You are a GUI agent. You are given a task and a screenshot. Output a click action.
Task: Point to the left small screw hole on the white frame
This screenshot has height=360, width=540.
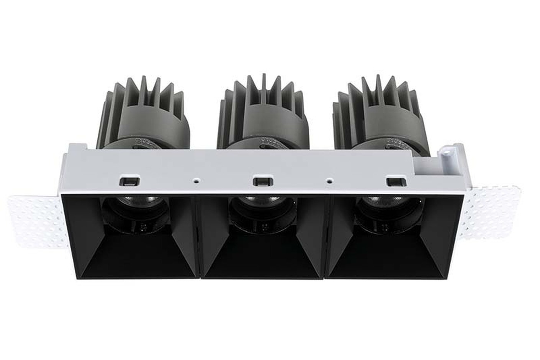[196, 179]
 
